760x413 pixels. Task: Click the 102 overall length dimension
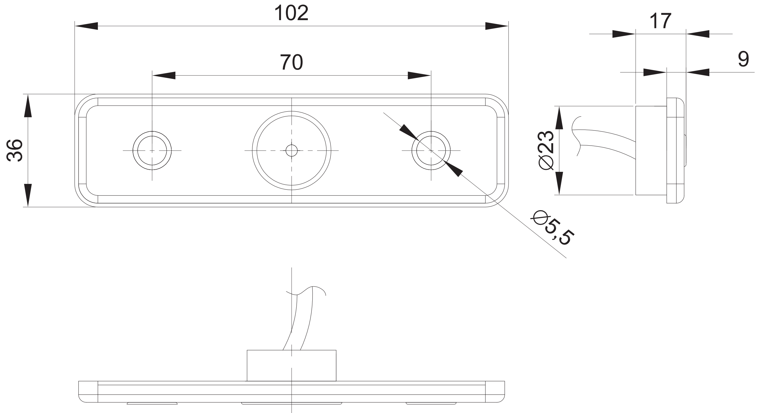pyautogui.click(x=291, y=13)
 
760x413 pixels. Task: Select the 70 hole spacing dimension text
pyautogui.click(x=291, y=62)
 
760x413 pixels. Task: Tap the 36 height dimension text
pyautogui.click(x=15, y=150)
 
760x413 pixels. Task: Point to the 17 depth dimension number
pyautogui.click(x=660, y=21)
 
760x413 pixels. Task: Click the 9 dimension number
pyautogui.click(x=743, y=59)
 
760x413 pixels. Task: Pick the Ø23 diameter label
pyautogui.click(x=546, y=150)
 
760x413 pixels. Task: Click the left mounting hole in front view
pyautogui.click(x=152, y=151)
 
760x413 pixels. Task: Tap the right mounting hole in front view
pyautogui.click(x=431, y=151)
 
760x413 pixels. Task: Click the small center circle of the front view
pyautogui.click(x=292, y=151)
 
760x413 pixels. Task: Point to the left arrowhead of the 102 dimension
pyautogui.click(x=86, y=26)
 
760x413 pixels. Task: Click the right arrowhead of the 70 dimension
pyautogui.click(x=419, y=75)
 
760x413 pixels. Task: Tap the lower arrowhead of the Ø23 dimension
pyautogui.click(x=559, y=183)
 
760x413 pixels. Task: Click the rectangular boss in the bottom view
pyautogui.click(x=292, y=365)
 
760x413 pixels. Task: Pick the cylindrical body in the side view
pyautogui.click(x=651, y=150)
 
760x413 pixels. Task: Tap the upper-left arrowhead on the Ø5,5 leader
pyautogui.click(x=409, y=132)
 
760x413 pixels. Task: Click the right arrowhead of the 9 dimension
pyautogui.click(x=698, y=72)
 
